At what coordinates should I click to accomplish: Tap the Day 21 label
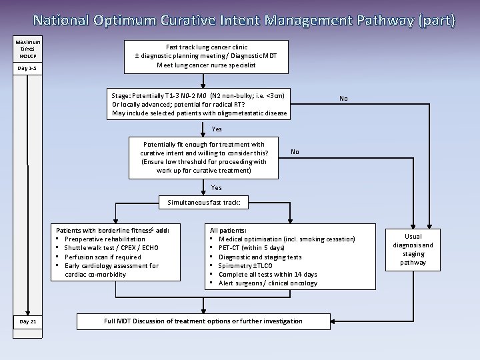(28, 321)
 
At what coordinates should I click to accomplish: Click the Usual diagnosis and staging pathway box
(413, 249)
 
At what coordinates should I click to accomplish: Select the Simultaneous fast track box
(203, 201)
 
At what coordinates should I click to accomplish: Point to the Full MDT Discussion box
(203, 321)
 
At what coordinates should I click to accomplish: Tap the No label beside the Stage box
(343, 98)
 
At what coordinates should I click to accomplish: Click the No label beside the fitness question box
(294, 152)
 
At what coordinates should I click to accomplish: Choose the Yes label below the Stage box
(217, 129)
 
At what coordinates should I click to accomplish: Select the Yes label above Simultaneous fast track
(217, 188)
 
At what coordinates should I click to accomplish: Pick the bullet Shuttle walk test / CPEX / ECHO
(111, 248)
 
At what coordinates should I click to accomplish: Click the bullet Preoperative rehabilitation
(104, 239)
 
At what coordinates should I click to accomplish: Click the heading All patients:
(228, 230)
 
